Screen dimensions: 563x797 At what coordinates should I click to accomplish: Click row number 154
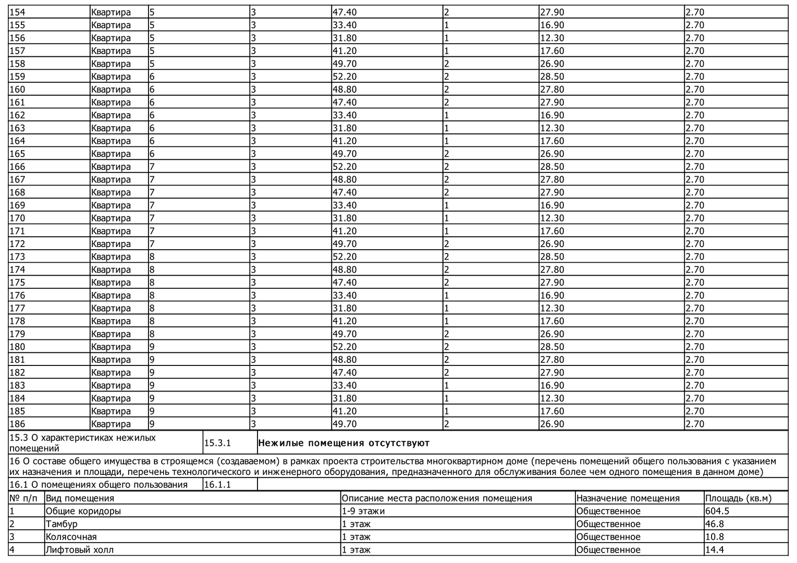[17, 12]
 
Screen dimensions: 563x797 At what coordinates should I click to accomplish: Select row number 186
[17, 424]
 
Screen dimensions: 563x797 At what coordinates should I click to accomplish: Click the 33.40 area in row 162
[344, 115]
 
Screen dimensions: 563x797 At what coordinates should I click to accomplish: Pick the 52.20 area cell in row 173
[344, 257]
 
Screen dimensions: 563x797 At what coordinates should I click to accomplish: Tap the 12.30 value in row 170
[552, 218]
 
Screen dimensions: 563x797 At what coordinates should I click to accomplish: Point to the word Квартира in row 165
[111, 154]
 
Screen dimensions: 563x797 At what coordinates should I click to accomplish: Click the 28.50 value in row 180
[552, 347]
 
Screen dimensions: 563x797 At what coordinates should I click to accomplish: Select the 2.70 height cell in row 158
[695, 64]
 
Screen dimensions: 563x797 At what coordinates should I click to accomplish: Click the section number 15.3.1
[217, 443]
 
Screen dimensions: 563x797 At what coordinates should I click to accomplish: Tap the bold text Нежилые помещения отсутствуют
[344, 443]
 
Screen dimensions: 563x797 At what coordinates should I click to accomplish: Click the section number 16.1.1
[217, 485]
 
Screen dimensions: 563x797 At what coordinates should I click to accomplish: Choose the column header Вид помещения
[80, 498]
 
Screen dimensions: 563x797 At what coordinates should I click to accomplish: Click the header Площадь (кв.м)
[738, 498]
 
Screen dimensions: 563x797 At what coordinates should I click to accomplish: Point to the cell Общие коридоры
[83, 511]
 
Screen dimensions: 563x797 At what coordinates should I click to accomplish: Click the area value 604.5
[717, 511]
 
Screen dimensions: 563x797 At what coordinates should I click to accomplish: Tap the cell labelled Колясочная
[71, 537]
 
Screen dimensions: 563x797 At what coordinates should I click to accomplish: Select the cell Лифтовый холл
[79, 550]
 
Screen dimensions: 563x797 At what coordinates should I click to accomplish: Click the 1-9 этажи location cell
[363, 511]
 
